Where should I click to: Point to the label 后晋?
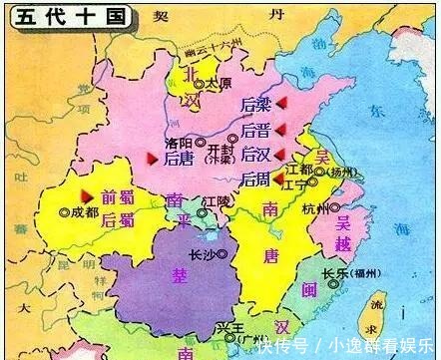(x=255, y=130)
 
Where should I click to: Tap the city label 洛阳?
(x=178, y=143)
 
